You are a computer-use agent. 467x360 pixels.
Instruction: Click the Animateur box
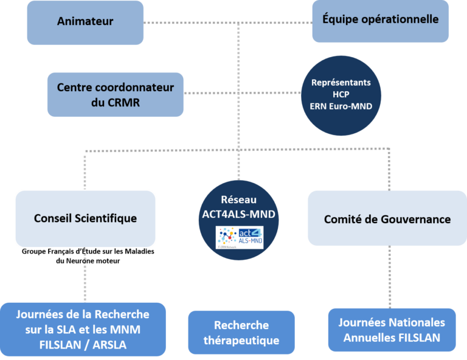point(85,22)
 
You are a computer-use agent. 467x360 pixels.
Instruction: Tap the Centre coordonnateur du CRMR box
point(115,95)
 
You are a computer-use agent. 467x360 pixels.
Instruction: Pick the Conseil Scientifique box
point(85,218)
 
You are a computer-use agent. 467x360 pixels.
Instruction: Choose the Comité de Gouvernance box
point(387,219)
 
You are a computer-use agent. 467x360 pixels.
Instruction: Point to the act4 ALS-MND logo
point(240,237)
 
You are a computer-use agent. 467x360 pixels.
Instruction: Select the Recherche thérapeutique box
point(241,333)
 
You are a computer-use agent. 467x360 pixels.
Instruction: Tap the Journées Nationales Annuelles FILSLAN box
point(392,330)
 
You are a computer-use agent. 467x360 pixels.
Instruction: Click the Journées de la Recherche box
point(83,329)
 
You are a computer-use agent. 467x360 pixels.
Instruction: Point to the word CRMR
point(124,102)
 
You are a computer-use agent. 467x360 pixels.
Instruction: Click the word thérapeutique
point(241,341)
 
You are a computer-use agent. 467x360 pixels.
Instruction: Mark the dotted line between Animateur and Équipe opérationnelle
point(228,23)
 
